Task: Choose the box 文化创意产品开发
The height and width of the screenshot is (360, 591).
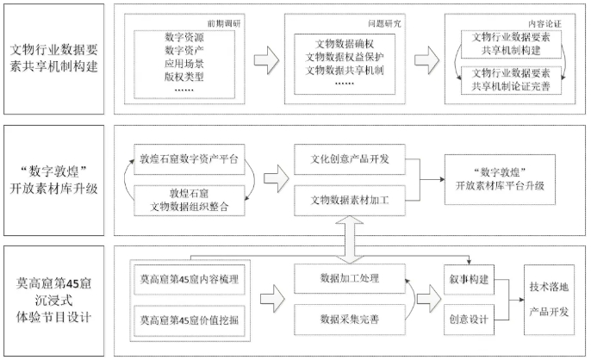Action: coord(352,160)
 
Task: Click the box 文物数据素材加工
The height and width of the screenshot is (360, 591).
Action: coord(352,200)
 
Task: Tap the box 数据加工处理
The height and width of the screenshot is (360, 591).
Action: coord(352,279)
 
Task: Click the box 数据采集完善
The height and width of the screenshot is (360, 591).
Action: coord(352,320)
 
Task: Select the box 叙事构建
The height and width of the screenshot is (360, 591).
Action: coord(469,279)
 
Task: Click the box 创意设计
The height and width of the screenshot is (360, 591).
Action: coord(469,320)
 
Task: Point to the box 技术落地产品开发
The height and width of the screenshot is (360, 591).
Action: coord(552,300)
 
